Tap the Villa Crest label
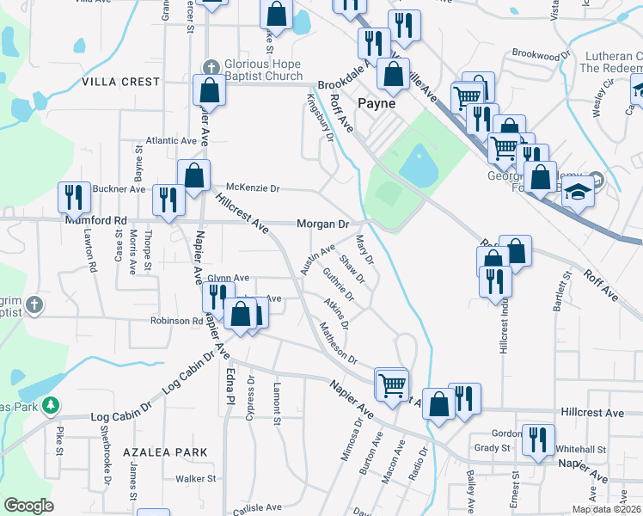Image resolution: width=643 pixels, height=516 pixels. click(x=121, y=82)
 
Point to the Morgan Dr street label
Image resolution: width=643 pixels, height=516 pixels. click(x=322, y=224)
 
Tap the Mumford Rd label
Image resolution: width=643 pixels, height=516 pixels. click(x=96, y=220)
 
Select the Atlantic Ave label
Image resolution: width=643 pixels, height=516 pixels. click(x=171, y=141)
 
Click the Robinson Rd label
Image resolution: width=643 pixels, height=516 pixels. click(x=179, y=321)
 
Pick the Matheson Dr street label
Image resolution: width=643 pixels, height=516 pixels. click(x=338, y=342)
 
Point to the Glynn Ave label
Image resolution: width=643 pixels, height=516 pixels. click(x=228, y=278)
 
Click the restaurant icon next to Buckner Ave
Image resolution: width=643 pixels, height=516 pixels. click(x=73, y=198)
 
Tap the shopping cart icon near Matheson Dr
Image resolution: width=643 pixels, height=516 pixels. click(x=391, y=383)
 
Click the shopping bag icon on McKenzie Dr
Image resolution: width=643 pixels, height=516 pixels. click(x=194, y=175)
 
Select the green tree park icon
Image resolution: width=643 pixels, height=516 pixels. click(x=51, y=403)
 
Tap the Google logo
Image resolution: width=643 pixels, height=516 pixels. click(x=28, y=507)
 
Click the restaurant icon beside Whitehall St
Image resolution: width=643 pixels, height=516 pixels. click(x=538, y=439)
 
